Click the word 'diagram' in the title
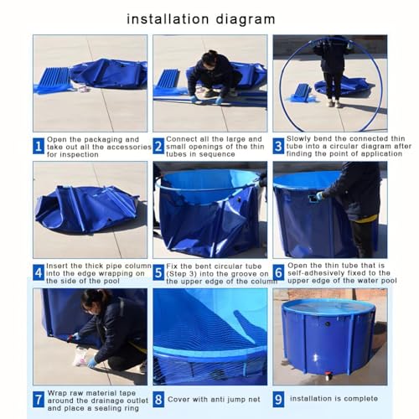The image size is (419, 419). click(246, 20)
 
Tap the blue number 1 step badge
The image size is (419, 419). click(39, 146)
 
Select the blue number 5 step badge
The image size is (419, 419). click(158, 273)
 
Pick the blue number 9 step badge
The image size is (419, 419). click(278, 399)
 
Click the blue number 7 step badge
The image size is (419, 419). click(39, 400)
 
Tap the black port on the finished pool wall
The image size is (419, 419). click(327, 324)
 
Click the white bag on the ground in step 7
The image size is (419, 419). click(80, 357)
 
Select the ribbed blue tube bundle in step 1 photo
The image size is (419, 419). click(54, 78)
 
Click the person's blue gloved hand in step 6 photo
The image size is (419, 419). click(318, 196)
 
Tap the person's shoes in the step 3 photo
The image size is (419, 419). click(334, 104)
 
